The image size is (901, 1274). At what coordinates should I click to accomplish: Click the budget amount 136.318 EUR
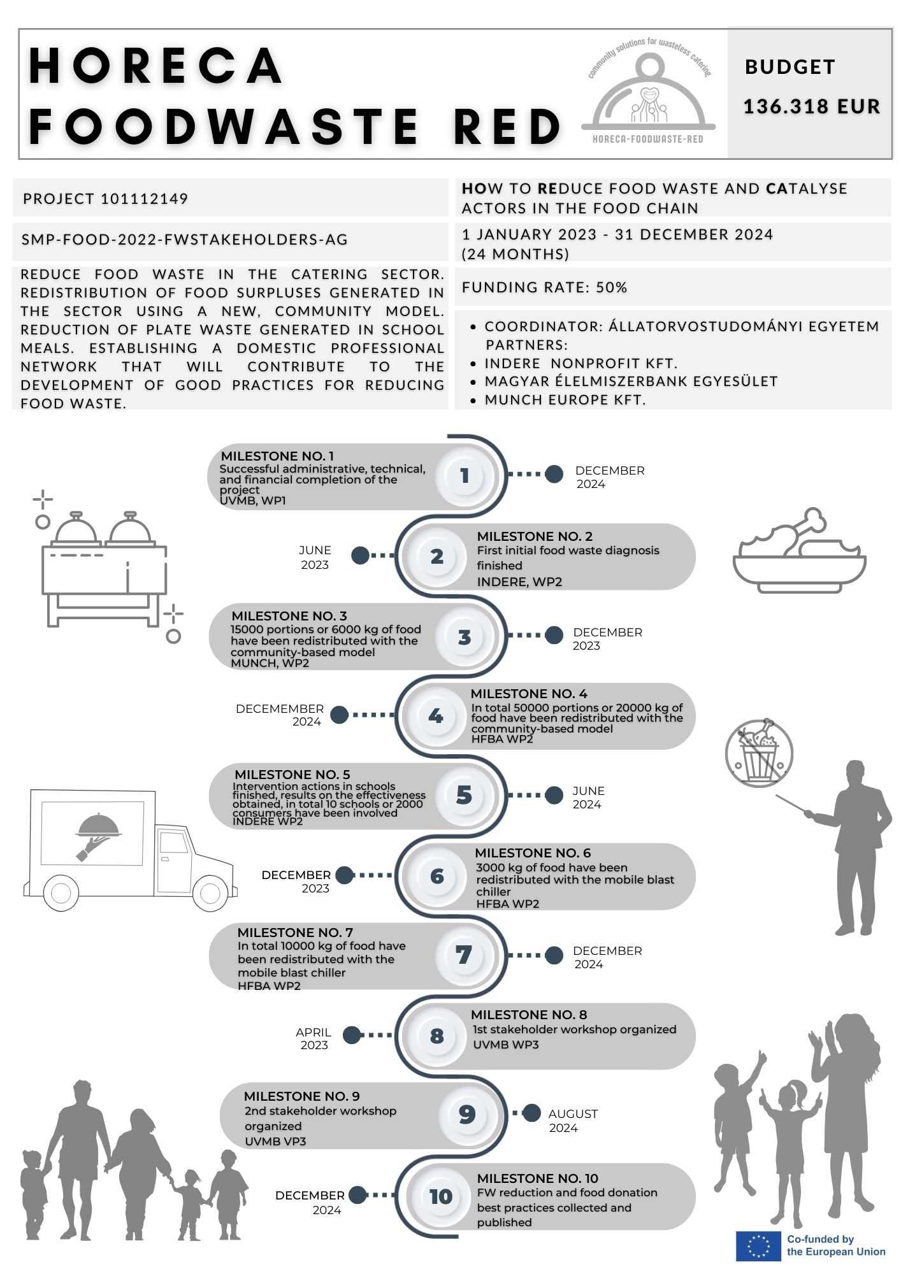(x=811, y=106)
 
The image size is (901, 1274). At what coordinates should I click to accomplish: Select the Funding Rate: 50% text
(x=544, y=287)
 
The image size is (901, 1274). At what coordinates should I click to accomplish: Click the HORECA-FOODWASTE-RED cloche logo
(x=649, y=96)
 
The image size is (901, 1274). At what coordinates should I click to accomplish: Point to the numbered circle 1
(x=465, y=475)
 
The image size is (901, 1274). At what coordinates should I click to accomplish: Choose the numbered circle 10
(x=440, y=1196)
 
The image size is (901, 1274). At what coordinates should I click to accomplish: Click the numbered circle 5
(x=464, y=795)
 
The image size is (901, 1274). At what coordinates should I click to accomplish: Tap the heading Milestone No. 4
(x=529, y=694)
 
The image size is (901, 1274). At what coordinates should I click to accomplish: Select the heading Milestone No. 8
(x=529, y=1015)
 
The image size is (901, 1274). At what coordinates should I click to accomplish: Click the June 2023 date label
(x=315, y=557)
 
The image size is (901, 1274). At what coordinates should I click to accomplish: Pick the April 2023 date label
(x=314, y=1038)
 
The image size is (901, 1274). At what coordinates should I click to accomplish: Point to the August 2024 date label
(x=572, y=1120)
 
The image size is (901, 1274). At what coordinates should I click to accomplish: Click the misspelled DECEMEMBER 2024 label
(x=280, y=715)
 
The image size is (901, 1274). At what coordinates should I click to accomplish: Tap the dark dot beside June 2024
(x=554, y=795)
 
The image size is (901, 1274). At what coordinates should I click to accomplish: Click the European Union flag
(x=758, y=1245)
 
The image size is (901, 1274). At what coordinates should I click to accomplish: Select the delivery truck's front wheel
(x=210, y=893)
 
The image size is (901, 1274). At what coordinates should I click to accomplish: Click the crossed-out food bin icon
(x=759, y=754)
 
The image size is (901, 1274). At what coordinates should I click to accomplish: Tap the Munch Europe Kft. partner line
(x=565, y=400)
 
